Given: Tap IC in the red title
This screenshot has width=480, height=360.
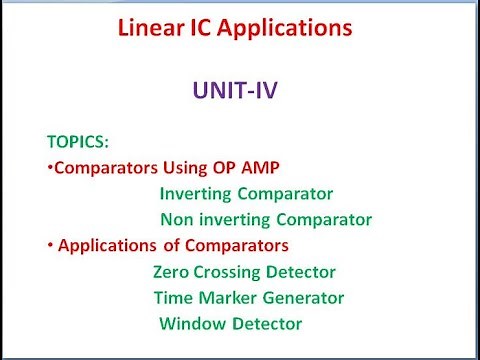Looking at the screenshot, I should point(214,29).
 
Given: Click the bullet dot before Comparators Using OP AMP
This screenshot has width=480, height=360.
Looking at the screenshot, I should point(50,167).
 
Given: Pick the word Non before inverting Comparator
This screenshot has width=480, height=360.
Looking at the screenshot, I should point(177,220).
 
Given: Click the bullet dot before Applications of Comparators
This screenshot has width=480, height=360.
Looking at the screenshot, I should point(50,245).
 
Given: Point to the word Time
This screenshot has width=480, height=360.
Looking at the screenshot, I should point(173,298).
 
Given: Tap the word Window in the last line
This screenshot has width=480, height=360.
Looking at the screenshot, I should point(189,324).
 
